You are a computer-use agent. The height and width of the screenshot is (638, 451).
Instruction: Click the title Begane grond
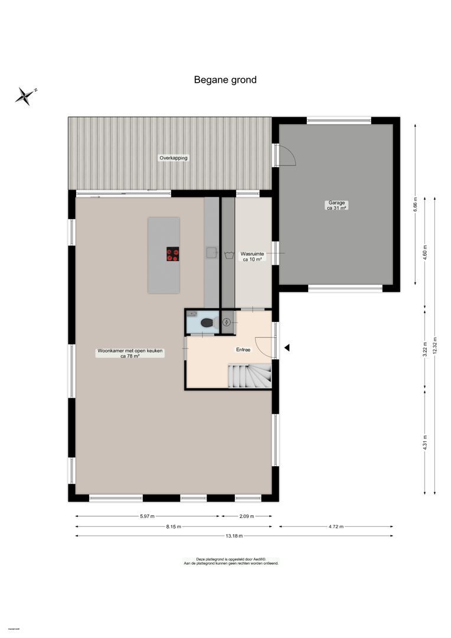pos(225,80)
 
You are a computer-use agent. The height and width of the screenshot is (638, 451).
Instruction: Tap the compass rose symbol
pos(25,96)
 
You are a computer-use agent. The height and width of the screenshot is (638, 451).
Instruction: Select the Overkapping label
pos(174,158)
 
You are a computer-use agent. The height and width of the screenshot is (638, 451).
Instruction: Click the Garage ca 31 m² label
pos(336,205)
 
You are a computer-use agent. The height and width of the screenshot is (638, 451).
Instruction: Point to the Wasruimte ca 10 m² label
pos(253,256)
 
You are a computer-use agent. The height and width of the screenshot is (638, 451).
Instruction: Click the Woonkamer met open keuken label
pos(130,353)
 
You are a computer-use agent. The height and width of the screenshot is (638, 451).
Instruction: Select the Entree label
pos(243,350)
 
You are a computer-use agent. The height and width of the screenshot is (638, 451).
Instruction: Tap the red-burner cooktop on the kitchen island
pos(172,254)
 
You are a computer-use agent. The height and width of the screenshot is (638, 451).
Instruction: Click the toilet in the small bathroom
pos(207,323)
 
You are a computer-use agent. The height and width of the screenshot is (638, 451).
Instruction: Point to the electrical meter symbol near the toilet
pos(227,322)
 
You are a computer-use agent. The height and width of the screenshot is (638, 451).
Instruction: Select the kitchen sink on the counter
pos(211,253)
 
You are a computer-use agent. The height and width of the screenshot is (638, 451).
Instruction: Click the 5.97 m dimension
pos(147,516)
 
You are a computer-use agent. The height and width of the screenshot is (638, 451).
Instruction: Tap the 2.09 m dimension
pos(246,516)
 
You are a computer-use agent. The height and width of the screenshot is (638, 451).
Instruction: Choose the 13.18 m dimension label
pos(234,536)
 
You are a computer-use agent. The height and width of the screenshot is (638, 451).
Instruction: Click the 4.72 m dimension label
pos(336,526)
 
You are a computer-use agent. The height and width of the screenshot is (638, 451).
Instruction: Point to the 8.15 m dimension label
pos(174,526)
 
